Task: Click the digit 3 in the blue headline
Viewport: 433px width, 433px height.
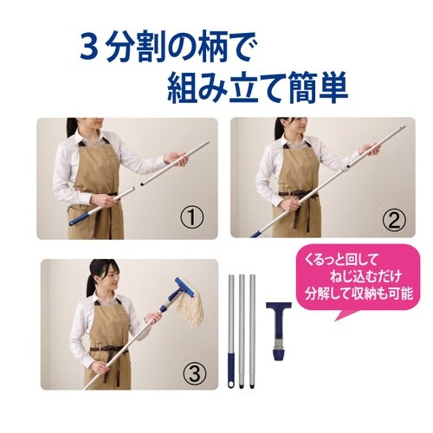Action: [x=89, y=46]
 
